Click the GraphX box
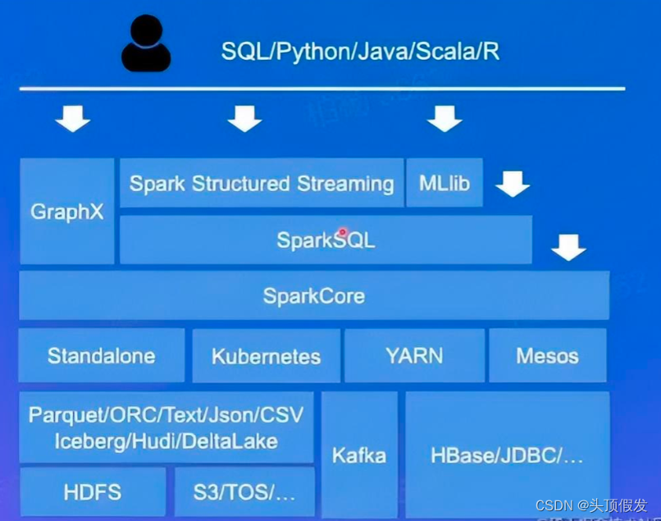click(67, 212)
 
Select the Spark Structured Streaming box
click(262, 183)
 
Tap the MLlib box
click(444, 183)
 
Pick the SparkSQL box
click(326, 240)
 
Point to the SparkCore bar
click(314, 295)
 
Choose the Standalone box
click(102, 355)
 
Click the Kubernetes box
click(267, 356)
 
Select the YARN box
click(414, 355)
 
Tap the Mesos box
click(548, 355)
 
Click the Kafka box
click(359, 455)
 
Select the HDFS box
click(93, 492)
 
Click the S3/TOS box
click(244, 492)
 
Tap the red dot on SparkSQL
click(343, 233)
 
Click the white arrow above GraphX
click(72, 120)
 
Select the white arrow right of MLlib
click(513, 184)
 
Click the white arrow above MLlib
click(444, 120)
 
